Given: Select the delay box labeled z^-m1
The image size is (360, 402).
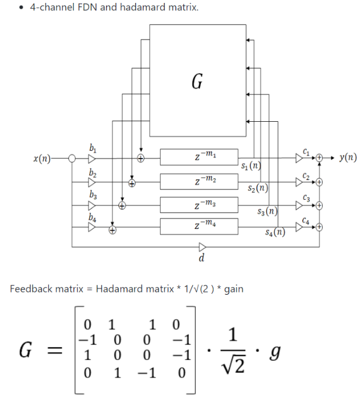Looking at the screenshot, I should point(199,157).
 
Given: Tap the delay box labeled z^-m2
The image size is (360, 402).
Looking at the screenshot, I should point(199,181).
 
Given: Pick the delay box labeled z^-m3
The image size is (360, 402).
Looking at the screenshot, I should point(199,204).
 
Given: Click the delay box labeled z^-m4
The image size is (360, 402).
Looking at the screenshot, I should point(199,225).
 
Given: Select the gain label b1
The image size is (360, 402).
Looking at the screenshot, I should point(92,148).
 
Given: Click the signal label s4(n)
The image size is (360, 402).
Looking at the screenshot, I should point(274,233).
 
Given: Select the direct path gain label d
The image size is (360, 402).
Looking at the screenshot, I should point(201,257).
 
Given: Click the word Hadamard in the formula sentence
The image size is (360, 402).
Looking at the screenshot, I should point(116,289).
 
